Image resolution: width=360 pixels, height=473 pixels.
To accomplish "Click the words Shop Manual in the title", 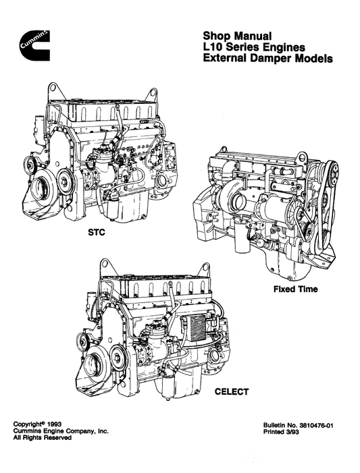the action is tap(237, 36).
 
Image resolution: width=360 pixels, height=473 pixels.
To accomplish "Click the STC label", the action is tap(97, 233).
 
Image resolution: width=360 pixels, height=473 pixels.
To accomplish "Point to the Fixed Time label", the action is tap(295, 289).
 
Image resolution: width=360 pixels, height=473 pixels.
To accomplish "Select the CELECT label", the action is tap(232, 392).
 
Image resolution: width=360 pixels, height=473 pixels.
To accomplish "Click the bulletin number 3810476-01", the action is tap(316, 426).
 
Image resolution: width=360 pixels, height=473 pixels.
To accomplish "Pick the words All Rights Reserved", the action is tap(43, 437).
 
